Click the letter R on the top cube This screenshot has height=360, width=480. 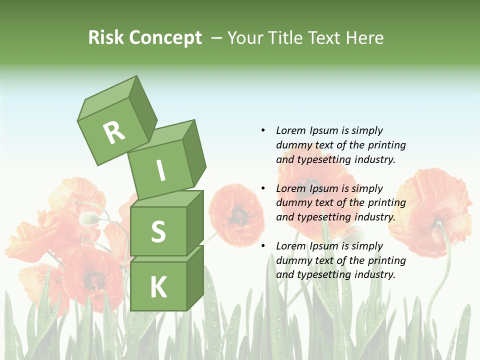pos(114,132)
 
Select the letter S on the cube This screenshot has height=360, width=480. pos(158,231)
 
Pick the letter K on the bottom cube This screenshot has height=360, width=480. pos(158,287)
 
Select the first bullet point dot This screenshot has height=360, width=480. pos(263,130)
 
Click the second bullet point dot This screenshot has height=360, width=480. pos(263,188)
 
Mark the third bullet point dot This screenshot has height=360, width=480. pos(263,246)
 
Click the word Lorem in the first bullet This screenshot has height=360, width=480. pos(290,130)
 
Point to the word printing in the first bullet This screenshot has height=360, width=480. pos(386,145)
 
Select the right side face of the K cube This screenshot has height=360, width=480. pos(195,277)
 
